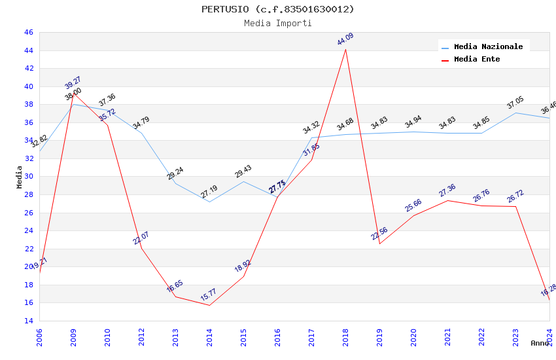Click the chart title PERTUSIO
click(x=278, y=9)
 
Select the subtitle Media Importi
click(x=278, y=24)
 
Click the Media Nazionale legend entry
click(x=488, y=47)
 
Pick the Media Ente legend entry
click(x=477, y=60)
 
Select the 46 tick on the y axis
click(x=28, y=33)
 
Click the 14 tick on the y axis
click(x=28, y=321)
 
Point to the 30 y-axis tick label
click(x=28, y=177)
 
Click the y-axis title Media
click(x=20, y=177)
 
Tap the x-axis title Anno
click(x=540, y=343)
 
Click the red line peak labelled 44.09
click(x=345, y=50)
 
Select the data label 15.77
click(x=208, y=296)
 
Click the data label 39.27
click(x=73, y=83)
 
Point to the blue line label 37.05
click(x=515, y=103)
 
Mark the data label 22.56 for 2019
click(x=379, y=234)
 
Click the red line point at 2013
click(x=175, y=297)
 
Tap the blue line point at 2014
click(x=209, y=202)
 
